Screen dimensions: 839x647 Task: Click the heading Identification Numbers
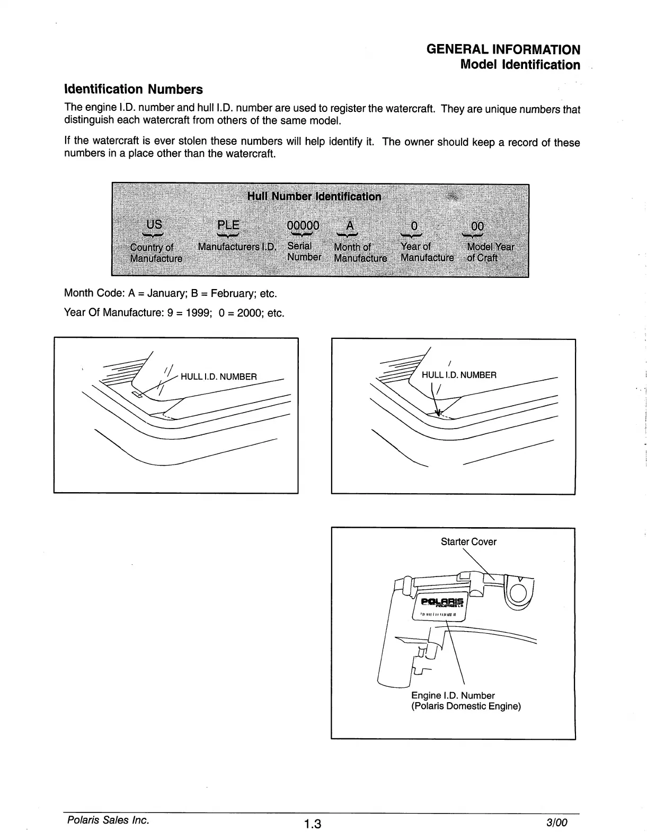[x=133, y=89]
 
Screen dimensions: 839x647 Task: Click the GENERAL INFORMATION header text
[x=503, y=50]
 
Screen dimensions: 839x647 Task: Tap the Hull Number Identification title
[x=314, y=197]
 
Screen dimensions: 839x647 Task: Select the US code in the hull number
[x=154, y=224]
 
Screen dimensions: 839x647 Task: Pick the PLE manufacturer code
[x=228, y=225]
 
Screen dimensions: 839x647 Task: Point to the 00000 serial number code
[x=303, y=225]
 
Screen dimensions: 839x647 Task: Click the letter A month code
[x=349, y=225]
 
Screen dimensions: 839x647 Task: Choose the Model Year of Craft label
[x=490, y=252]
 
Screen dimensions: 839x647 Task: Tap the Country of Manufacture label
[x=156, y=253]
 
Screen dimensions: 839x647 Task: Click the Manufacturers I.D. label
[x=237, y=247]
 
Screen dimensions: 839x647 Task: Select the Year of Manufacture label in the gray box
[x=427, y=252]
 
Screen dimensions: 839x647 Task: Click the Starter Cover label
[x=468, y=541]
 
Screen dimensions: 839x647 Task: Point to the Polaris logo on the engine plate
[x=442, y=601]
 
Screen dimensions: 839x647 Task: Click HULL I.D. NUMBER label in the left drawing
[x=218, y=377]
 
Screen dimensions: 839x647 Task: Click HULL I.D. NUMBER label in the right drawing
[x=459, y=375]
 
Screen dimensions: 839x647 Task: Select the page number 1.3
[x=312, y=824]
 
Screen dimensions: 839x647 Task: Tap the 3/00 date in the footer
[x=556, y=823]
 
